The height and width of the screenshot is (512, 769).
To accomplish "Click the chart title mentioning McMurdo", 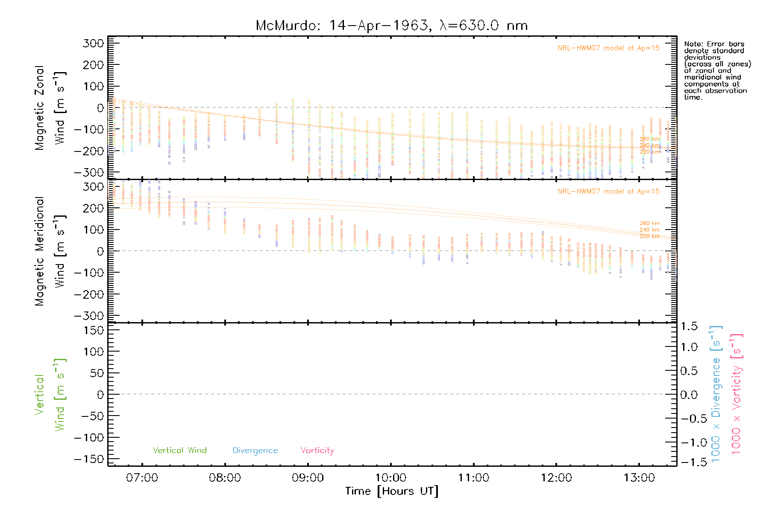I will [x=391, y=26].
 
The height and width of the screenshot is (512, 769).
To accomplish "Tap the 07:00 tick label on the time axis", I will [x=142, y=478].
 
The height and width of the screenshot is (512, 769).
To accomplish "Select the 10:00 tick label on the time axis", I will [x=390, y=478].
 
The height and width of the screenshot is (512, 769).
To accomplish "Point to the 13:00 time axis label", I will [x=639, y=478].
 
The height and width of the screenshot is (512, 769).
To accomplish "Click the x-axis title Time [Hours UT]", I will [x=391, y=491].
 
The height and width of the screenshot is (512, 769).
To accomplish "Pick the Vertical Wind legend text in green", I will [x=179, y=451].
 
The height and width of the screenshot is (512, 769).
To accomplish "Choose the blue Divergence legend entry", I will [x=255, y=451].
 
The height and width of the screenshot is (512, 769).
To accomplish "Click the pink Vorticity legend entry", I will [x=317, y=451].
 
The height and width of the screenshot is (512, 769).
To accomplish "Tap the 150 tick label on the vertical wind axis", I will [x=94, y=330].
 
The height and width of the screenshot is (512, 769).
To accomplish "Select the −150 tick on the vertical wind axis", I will [x=89, y=459].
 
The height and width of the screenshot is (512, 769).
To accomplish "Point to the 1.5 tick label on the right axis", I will [x=689, y=326].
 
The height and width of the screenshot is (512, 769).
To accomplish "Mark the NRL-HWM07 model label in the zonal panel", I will [x=608, y=48].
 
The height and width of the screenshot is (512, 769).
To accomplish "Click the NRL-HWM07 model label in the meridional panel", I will [x=608, y=192].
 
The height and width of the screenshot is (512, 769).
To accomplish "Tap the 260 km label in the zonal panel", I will [x=649, y=139].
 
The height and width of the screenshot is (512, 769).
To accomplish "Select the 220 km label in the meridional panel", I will [x=649, y=236].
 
